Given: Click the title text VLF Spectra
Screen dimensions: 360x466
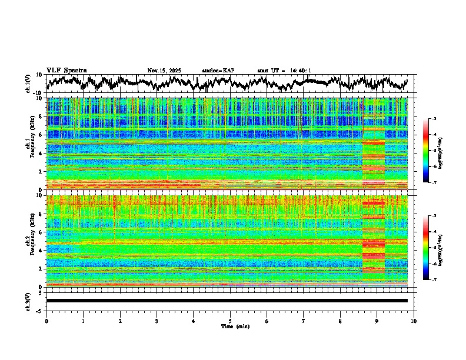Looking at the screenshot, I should tap(66, 70).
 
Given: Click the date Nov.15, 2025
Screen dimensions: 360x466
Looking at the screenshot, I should tap(164, 71).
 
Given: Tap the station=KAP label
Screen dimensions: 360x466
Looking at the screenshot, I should tap(218, 71).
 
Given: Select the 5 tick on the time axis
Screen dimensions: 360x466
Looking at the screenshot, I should tap(230, 321).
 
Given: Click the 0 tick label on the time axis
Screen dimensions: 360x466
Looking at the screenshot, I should tap(46, 321).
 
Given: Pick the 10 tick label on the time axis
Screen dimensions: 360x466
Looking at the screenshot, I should tap(414, 321).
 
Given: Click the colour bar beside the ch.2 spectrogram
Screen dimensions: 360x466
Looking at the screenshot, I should tap(427, 248).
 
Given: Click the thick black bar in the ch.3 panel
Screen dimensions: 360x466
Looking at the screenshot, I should tap(227, 301).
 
